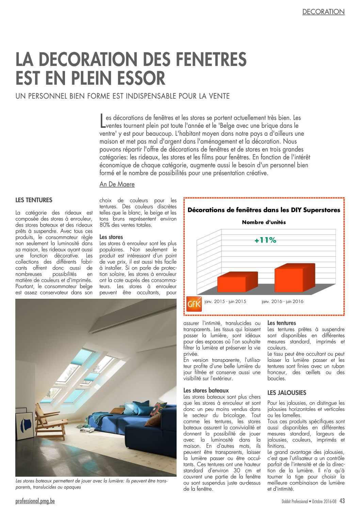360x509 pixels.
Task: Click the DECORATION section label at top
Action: pyautogui.click(x=323, y=12)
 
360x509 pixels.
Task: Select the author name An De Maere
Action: pyautogui.click(x=117, y=184)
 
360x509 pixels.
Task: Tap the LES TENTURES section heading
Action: pyautogui.click(x=34, y=200)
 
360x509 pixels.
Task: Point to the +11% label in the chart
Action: pyautogui.click(x=265, y=240)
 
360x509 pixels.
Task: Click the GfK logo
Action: pyautogui.click(x=194, y=304)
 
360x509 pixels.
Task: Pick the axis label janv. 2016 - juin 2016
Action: pyautogui.click(x=282, y=301)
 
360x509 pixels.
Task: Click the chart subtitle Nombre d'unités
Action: pyautogui.click(x=264, y=222)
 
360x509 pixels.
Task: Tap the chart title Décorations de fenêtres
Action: pyautogui.click(x=264, y=210)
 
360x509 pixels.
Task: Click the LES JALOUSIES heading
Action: pyautogui.click(x=287, y=393)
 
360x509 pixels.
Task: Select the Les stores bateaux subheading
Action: pyautogui.click(x=206, y=391)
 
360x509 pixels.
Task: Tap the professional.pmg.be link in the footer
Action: pyautogui.click(x=35, y=501)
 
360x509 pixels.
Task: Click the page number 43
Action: pyautogui.click(x=342, y=501)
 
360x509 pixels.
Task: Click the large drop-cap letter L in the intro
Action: pyautogui.click(x=102, y=121)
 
